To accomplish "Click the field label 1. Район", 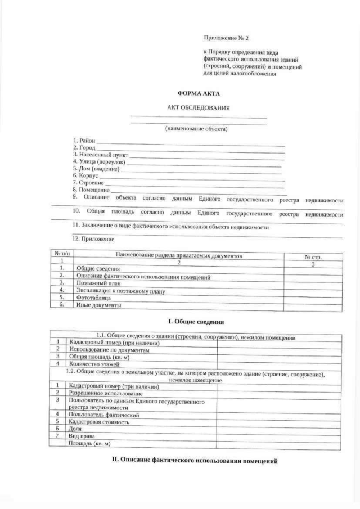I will point(84,140).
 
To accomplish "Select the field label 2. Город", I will point(84,147).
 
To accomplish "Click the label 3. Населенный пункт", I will point(101,154).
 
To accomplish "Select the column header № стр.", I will point(313,256).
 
